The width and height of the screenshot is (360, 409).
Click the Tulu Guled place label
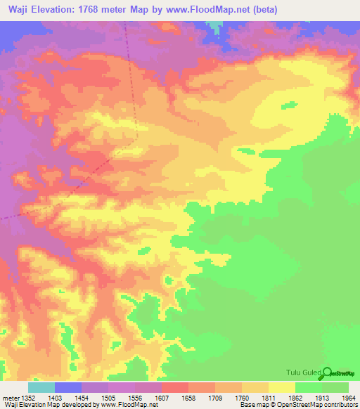(x=303, y=372)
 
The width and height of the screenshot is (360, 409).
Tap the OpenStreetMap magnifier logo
(x=328, y=372)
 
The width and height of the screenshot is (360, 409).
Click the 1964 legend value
(x=348, y=397)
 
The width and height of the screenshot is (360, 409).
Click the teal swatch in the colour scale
(x=41, y=387)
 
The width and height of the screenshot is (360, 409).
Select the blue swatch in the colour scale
(x=68, y=387)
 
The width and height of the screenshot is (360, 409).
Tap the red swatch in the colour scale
(x=175, y=387)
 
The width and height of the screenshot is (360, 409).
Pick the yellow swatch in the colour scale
(x=282, y=387)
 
